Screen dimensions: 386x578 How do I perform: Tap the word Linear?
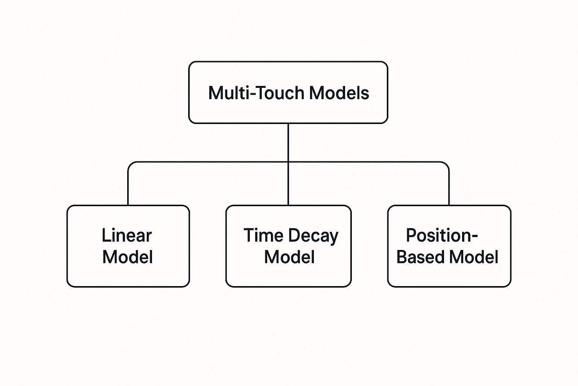point(126,236)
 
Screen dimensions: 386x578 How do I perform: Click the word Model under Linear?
point(128,257)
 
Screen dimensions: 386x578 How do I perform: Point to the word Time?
point(263,236)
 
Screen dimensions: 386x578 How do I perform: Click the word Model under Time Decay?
point(289,257)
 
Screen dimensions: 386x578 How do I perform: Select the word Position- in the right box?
point(442,236)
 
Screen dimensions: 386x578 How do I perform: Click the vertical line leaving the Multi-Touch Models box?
point(288,142)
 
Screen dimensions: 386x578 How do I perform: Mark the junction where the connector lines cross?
point(288,162)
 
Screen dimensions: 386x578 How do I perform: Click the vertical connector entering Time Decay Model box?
point(288,185)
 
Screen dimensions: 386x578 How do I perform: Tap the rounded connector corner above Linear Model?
point(131,164)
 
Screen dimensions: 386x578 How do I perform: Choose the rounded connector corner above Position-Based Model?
point(447,164)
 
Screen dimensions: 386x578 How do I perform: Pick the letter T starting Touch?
point(261,93)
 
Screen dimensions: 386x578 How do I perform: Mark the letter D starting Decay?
point(295,236)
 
